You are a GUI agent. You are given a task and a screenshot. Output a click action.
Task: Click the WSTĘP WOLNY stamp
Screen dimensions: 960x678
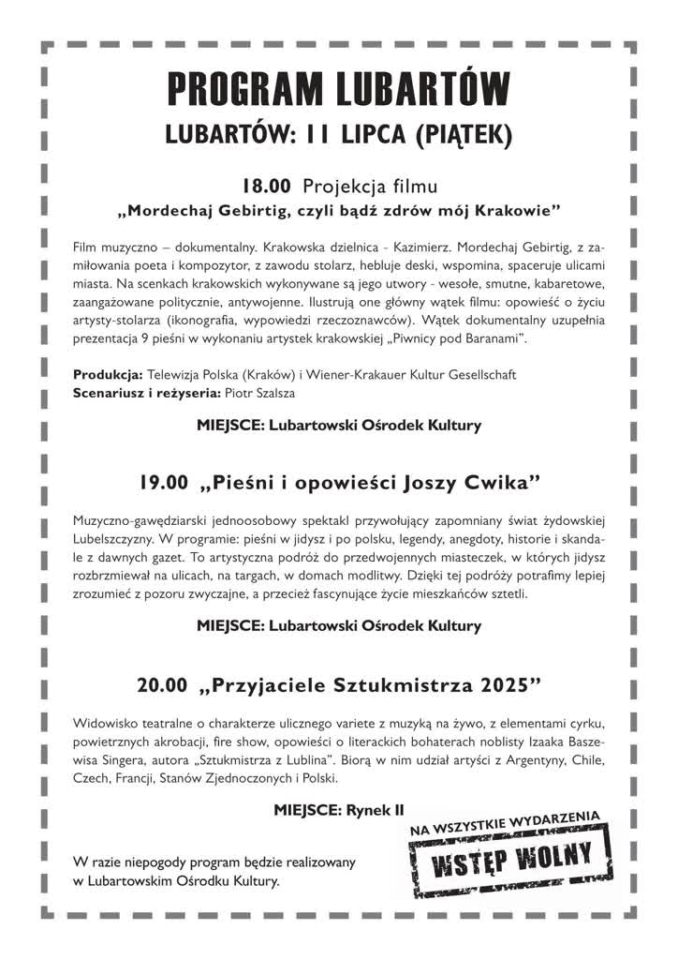coord(511,856)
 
